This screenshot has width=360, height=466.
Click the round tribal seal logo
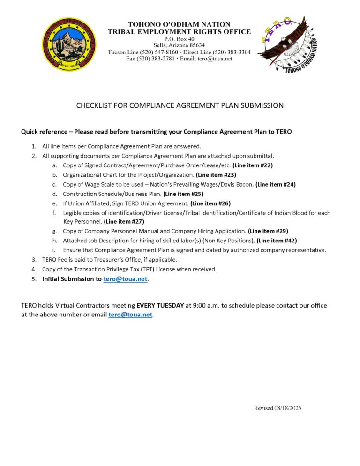coord(69,45)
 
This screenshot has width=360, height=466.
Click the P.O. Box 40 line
coord(180,39)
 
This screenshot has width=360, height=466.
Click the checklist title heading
coord(180,105)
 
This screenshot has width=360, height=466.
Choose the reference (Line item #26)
coord(210,203)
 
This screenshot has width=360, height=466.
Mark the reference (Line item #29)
coord(268,231)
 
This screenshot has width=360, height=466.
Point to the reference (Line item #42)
coord(277,241)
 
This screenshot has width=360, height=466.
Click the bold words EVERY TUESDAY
coord(160,305)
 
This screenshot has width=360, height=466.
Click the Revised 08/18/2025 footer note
coord(277,408)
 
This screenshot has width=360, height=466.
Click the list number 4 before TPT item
coord(34,269)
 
